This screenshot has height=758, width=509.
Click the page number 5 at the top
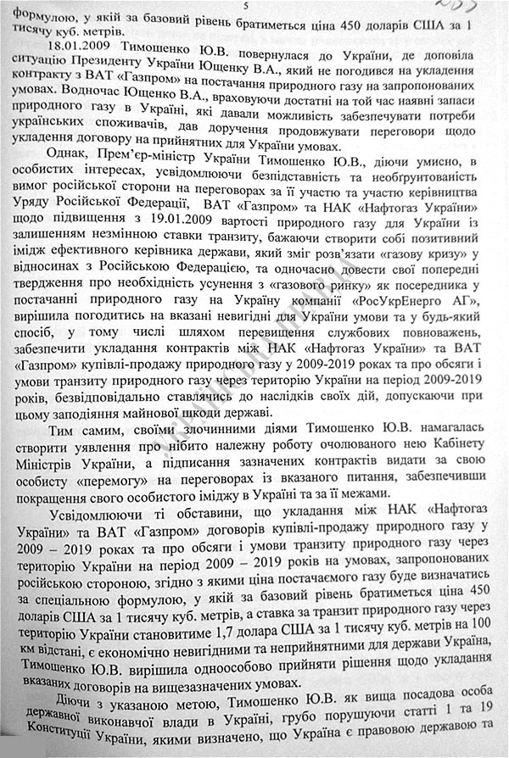coord(245,7)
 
